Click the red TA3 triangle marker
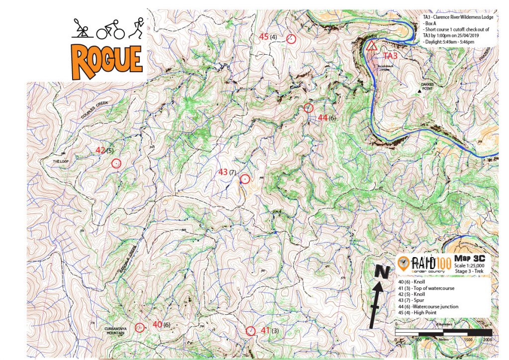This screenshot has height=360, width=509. [x=371, y=46]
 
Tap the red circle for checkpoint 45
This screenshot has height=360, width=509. [x=292, y=39]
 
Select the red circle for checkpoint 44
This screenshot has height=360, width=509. [x=308, y=108]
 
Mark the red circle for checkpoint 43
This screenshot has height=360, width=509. [x=244, y=180]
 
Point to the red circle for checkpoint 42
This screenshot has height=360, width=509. [x=116, y=163]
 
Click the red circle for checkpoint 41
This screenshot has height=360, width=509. [x=251, y=331]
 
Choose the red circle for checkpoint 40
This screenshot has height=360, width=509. [x=140, y=327]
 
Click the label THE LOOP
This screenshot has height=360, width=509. [x=66, y=162]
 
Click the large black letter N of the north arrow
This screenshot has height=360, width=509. [x=381, y=272]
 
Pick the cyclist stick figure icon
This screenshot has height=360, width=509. [x=110, y=30]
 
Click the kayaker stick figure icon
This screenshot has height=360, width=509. [x=83, y=30]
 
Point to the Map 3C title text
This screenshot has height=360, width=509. [x=469, y=258]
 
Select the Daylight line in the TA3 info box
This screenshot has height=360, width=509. [x=450, y=42]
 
